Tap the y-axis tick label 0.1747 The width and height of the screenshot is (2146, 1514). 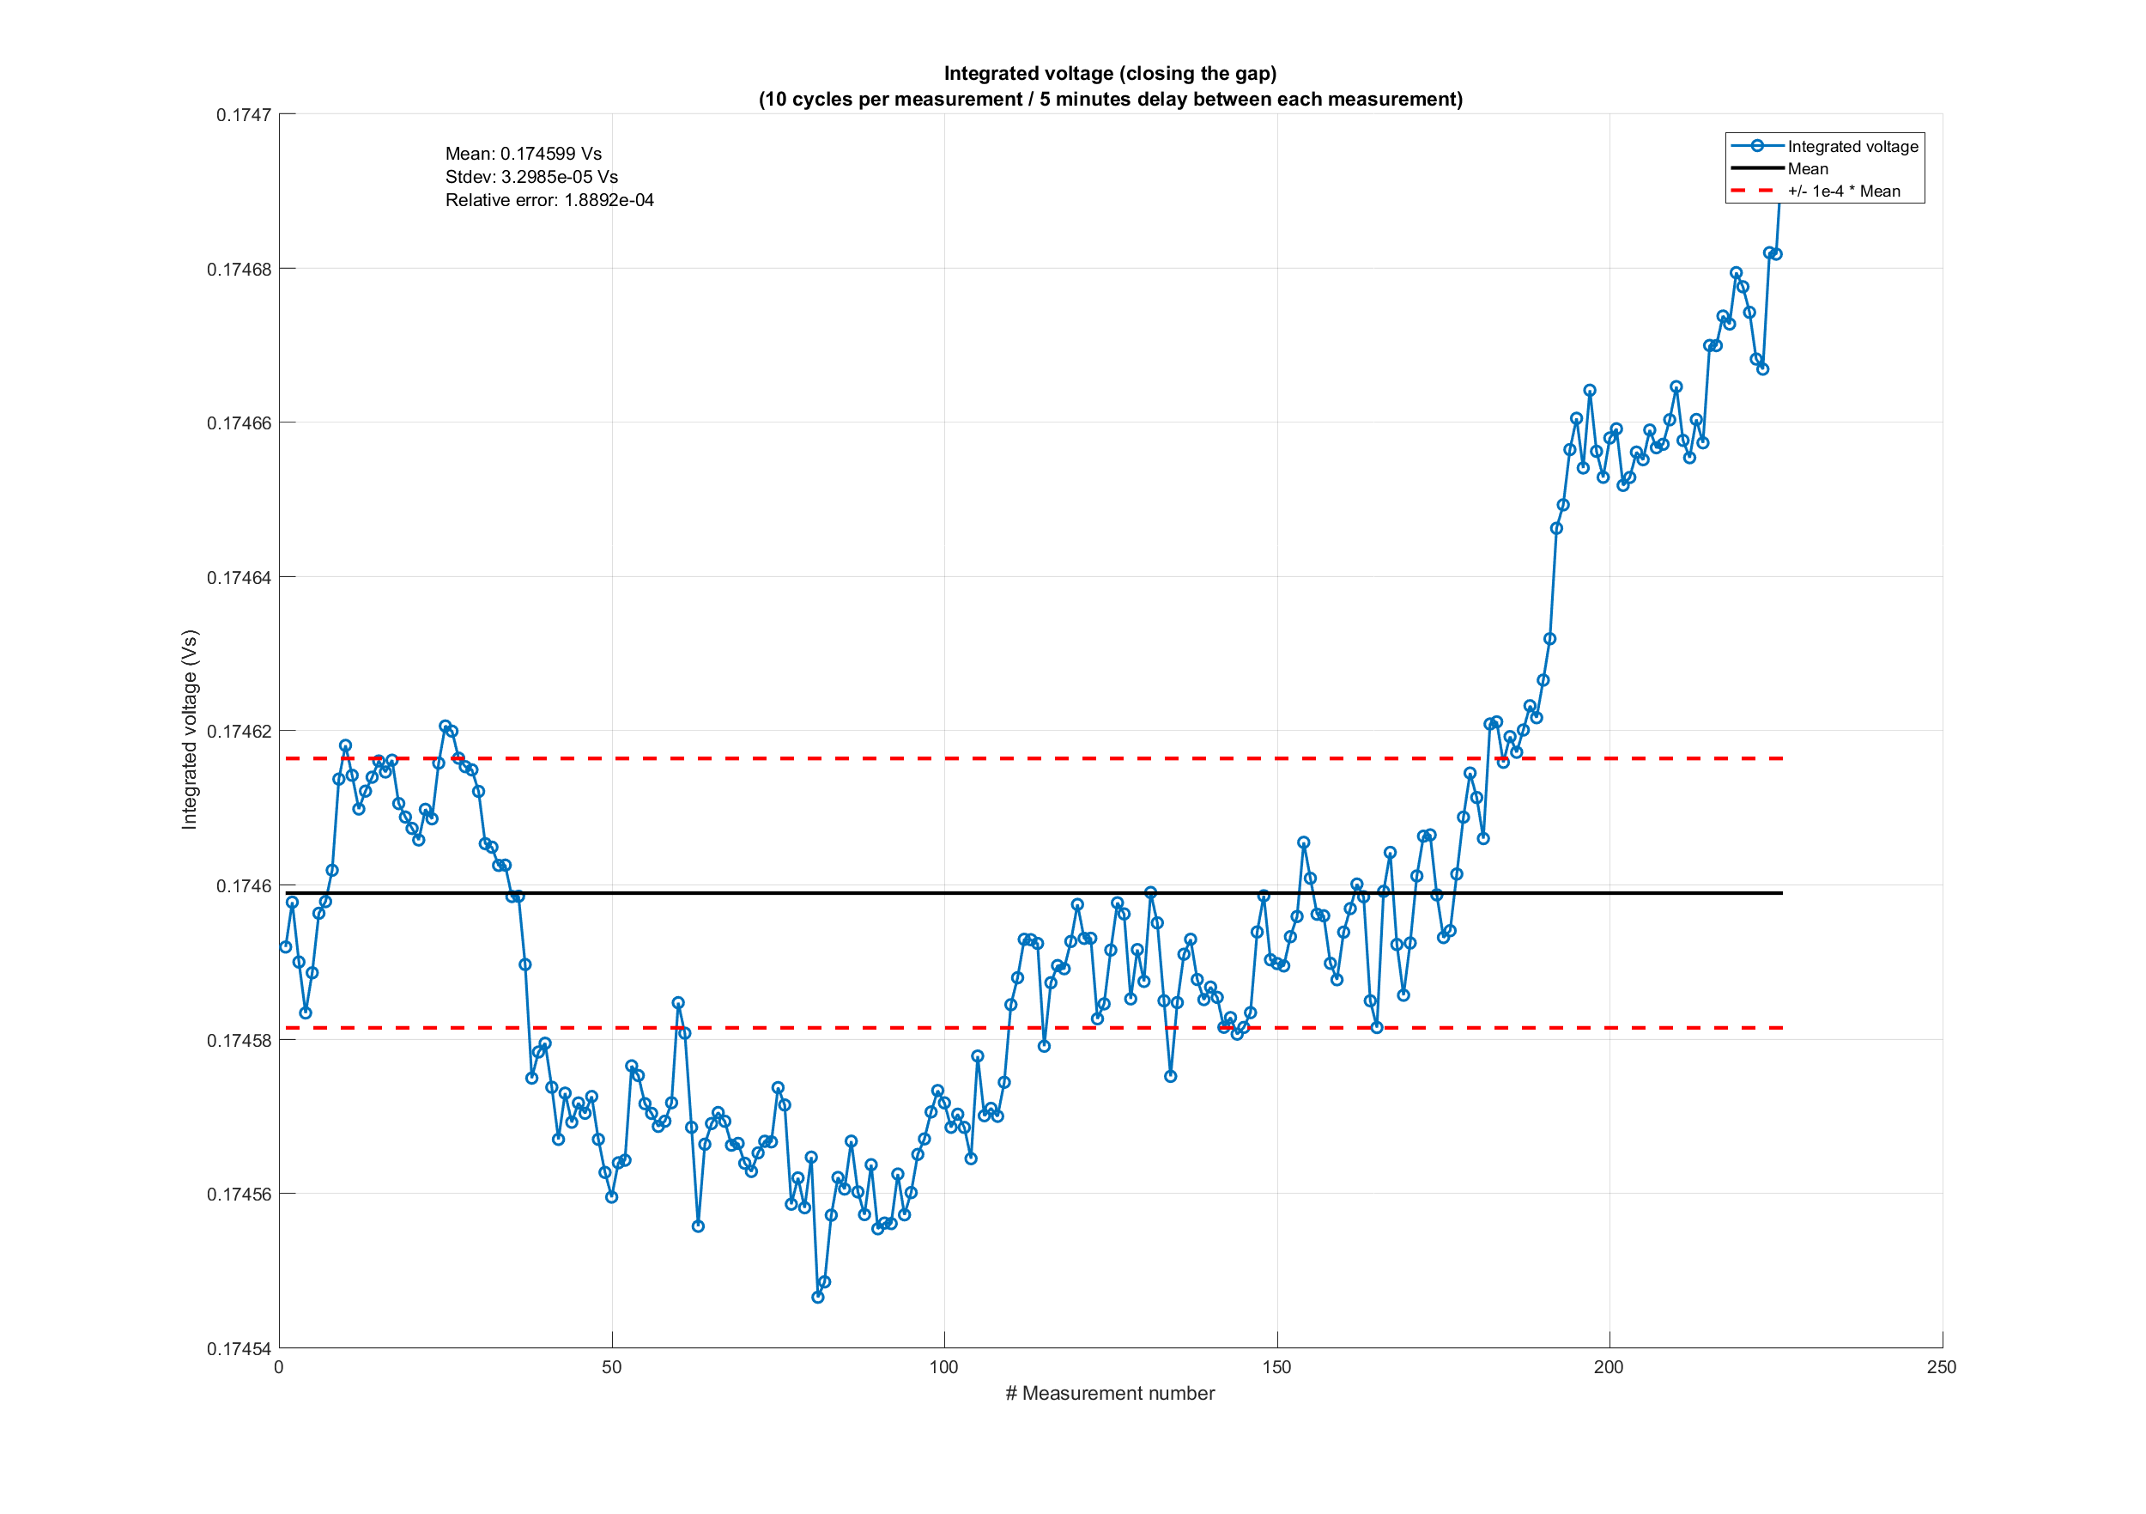(244, 115)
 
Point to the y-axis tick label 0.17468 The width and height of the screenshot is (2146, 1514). (239, 270)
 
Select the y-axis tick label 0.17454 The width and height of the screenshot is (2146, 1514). (239, 1348)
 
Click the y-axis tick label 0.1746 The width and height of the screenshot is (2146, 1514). (244, 885)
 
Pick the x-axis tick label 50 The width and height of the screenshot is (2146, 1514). (611, 1367)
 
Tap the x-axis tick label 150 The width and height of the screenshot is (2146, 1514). (1276, 1367)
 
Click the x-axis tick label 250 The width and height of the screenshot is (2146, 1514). (1942, 1367)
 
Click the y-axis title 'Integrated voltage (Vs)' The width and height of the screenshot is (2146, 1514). (190, 729)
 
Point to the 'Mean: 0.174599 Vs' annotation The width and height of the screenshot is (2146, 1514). (524, 155)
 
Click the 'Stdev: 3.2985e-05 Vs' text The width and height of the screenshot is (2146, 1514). (530, 177)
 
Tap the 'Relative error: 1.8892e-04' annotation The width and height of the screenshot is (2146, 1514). (549, 200)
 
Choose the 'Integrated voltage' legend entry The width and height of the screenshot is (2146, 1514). (1852, 147)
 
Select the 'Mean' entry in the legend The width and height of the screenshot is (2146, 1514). (1808, 169)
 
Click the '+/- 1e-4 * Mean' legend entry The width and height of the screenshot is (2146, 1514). (1843, 192)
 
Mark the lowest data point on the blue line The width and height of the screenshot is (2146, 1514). (818, 1297)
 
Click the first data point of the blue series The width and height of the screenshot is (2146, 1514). (286, 946)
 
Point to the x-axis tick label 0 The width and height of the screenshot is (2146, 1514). (280, 1367)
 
